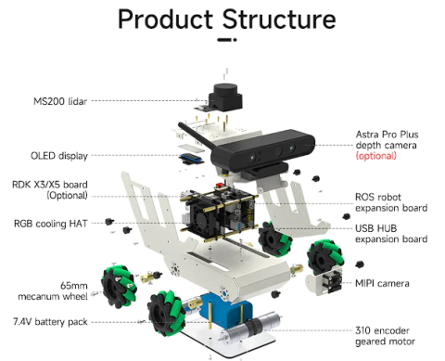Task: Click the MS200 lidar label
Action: coord(60,101)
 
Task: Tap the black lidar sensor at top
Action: coord(225,97)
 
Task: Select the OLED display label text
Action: coord(59,156)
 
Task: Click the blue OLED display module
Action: coord(191,159)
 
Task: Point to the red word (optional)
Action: coord(375,155)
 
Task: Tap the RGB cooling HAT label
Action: coord(51,224)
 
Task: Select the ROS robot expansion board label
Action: coord(391,202)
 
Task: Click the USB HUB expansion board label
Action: coord(391,234)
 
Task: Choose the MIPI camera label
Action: coord(382,283)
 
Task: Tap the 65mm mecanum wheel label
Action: coord(53,290)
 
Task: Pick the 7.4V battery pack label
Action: coord(50,322)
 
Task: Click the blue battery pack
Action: coord(225,309)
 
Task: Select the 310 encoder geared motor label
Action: coord(385,336)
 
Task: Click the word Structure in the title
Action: coord(279,19)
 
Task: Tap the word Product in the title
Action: coord(165,19)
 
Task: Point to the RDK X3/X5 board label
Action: coord(50,189)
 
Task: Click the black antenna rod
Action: coord(196,135)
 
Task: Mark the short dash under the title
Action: coord(227,40)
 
